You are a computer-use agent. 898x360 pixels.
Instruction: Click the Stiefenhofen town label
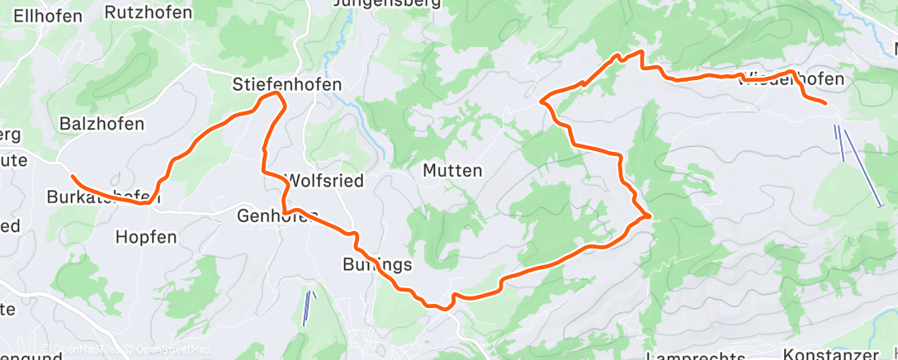[287, 84]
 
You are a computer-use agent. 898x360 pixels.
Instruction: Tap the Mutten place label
[451, 171]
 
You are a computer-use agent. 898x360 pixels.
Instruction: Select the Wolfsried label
[324, 181]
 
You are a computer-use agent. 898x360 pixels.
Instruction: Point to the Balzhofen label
[102, 124]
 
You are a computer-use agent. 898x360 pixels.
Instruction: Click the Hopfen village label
[146, 237]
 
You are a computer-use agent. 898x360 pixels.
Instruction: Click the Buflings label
[376, 265]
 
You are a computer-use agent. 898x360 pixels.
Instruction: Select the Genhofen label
[277, 216]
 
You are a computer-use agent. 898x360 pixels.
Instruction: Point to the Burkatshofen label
[103, 197]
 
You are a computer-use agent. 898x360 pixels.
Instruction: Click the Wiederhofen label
[792, 79]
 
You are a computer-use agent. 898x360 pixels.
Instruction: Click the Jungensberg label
[383, 4]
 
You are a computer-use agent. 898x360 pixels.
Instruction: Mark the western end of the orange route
[73, 177]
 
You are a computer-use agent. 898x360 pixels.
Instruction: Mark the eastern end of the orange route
[825, 103]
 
